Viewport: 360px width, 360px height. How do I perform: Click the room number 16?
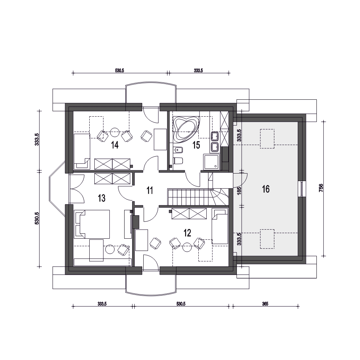(266, 189)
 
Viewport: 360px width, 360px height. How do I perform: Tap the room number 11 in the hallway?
(150, 190)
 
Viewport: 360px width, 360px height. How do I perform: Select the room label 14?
(114, 145)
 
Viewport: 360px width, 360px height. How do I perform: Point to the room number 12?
(187, 233)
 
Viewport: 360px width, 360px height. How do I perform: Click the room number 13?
(102, 198)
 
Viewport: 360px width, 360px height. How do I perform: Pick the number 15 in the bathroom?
(196, 145)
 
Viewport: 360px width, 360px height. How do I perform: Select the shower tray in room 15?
(211, 162)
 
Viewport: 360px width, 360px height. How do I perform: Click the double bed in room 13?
(92, 224)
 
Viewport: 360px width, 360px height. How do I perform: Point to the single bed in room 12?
(220, 226)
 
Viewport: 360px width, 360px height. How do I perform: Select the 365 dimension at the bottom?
(265, 304)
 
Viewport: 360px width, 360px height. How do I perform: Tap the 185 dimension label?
(239, 190)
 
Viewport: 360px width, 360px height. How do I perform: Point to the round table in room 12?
(187, 247)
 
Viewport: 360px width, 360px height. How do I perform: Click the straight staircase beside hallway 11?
(189, 197)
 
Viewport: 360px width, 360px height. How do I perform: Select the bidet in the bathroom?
(178, 150)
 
